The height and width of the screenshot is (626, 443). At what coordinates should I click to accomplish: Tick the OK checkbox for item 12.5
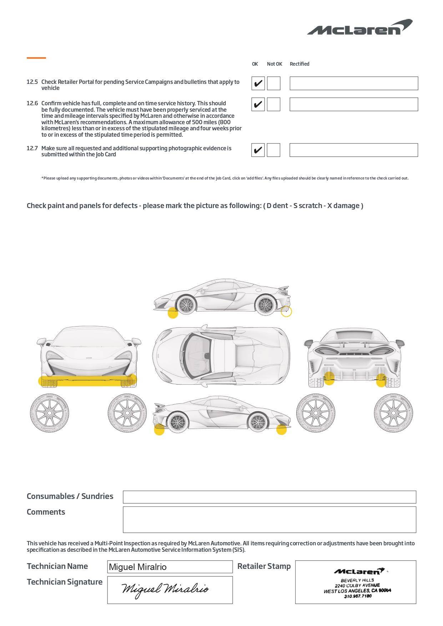[258, 84]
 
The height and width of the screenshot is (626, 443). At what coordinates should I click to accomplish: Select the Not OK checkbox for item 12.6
[273, 104]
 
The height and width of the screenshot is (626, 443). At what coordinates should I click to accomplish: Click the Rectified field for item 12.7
[353, 150]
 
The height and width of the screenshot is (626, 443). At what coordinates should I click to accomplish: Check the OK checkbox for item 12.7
[258, 150]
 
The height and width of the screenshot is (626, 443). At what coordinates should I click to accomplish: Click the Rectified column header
[299, 64]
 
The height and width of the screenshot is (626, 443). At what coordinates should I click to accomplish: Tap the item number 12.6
[32, 104]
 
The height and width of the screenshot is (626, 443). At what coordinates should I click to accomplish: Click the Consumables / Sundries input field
[269, 497]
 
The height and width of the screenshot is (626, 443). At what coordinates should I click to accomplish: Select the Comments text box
[269, 519]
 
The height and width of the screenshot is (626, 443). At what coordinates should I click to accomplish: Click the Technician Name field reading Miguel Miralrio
[170, 567]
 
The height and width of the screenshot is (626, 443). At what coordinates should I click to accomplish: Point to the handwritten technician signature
[165, 589]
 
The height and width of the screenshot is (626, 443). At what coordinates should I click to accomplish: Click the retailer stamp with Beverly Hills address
[356, 582]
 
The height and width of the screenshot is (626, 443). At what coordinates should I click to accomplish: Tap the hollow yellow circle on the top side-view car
[286, 312]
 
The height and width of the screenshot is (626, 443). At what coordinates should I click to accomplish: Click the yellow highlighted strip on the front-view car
[87, 381]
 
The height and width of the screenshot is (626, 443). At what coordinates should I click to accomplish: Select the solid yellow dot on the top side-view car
[173, 313]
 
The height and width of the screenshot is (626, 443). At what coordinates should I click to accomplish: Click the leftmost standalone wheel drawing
[49, 413]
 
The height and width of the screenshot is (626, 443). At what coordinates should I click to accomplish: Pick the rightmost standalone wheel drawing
[393, 413]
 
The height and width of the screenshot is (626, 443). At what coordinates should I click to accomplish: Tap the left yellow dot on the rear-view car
[329, 378]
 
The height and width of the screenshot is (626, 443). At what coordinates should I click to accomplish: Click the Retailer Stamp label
[264, 566]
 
